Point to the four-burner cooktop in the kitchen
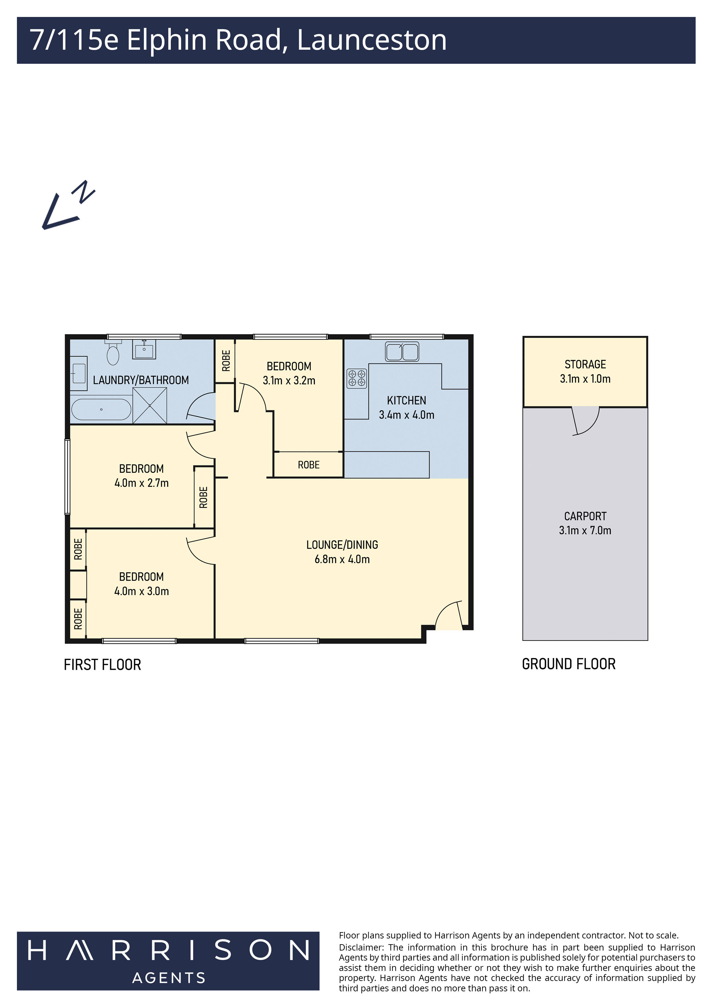click(x=356, y=378)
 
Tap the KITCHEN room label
click(x=406, y=400)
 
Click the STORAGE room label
click(x=585, y=364)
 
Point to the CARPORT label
click(x=585, y=516)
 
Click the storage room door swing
click(x=586, y=421)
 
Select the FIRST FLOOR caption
click(x=102, y=665)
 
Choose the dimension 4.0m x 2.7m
click(x=141, y=483)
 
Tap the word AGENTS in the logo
click(x=169, y=978)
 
